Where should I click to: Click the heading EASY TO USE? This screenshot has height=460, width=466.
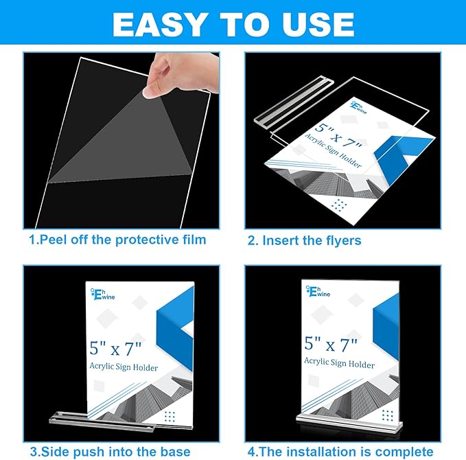[x=233, y=25]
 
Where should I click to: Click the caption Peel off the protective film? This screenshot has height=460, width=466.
[x=117, y=240]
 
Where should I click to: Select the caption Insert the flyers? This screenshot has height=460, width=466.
[x=304, y=240]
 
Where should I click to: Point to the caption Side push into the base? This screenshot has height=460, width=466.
[x=110, y=451]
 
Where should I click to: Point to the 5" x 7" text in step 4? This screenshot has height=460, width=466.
[x=331, y=343]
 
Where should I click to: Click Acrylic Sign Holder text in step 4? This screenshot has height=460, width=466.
[x=339, y=362]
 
